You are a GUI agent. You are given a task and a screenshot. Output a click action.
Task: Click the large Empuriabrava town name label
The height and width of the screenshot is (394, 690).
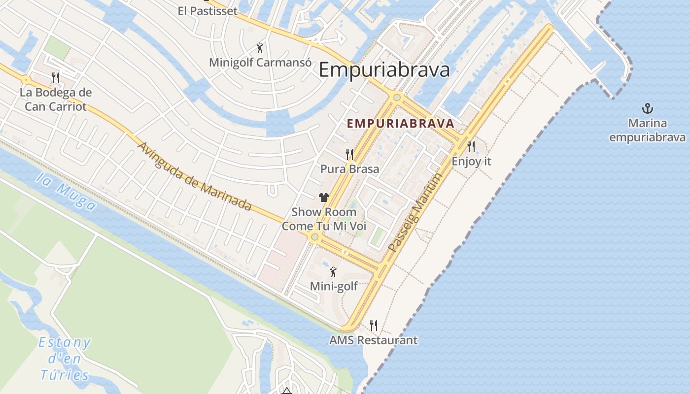384,70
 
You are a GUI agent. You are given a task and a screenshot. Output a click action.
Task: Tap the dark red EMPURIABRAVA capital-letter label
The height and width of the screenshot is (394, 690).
400,124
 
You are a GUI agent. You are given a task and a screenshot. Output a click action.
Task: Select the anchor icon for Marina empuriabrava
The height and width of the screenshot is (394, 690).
647,108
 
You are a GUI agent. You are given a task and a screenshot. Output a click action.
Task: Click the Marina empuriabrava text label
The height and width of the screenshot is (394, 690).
647,130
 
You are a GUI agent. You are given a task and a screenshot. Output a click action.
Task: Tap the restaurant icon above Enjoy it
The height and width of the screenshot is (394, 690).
471,146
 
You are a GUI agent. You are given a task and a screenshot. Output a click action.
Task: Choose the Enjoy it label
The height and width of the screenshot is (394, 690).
471,161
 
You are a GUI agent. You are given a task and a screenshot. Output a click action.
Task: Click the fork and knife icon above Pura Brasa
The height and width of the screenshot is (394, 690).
349,155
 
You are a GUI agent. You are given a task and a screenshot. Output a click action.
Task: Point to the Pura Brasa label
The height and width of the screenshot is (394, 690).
349,169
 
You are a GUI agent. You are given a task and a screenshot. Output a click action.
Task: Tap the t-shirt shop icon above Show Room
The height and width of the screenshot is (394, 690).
323,197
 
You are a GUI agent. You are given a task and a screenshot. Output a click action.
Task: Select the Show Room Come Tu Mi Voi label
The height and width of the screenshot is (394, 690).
324,219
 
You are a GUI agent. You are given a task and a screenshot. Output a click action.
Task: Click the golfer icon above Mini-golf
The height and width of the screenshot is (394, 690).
334,271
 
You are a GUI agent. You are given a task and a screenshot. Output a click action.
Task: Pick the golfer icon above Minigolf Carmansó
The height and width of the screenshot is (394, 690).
260,48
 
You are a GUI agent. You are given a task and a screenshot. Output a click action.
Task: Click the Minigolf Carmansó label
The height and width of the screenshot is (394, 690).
260,63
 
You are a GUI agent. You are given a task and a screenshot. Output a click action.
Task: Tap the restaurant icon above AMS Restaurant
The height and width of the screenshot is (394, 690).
374,325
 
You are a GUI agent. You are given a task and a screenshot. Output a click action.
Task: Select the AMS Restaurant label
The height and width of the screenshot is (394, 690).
373,340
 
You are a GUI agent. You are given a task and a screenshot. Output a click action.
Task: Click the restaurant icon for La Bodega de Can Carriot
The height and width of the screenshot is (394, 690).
56,77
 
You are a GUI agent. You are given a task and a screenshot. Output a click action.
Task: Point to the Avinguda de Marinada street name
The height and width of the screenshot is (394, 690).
194,176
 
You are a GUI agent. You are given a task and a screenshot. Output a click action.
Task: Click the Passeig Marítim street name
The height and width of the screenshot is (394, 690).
413,213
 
